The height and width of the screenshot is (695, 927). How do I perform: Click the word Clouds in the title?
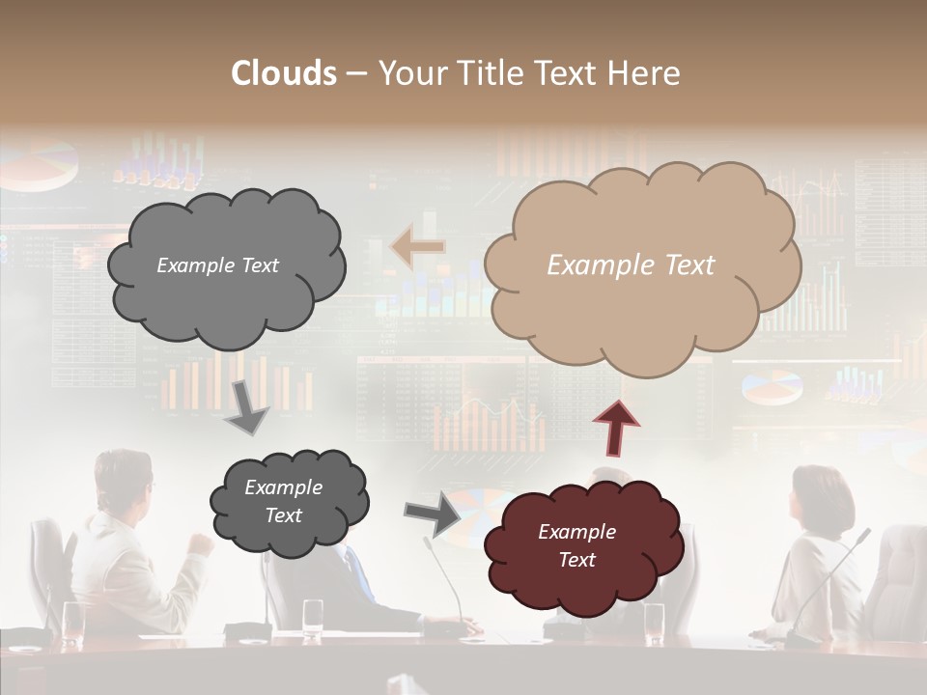[284, 73]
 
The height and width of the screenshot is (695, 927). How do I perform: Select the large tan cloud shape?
[641, 265]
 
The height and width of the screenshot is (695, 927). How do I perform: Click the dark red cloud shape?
[577, 546]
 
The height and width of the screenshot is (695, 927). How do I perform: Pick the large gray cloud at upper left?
[225, 266]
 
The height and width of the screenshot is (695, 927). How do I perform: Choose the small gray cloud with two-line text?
[287, 502]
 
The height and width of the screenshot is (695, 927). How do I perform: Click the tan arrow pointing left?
[417, 247]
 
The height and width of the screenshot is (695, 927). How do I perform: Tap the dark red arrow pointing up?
[615, 426]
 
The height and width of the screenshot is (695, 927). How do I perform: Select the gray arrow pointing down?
[246, 407]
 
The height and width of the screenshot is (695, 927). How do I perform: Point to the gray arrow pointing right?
[432, 513]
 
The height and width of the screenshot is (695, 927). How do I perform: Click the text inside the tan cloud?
[631, 265]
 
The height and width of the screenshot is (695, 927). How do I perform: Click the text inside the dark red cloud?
[576, 545]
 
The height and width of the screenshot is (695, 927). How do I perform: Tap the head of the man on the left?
[124, 479]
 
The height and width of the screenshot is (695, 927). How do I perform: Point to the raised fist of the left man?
[201, 543]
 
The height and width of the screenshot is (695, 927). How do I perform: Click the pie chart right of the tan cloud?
[772, 385]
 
